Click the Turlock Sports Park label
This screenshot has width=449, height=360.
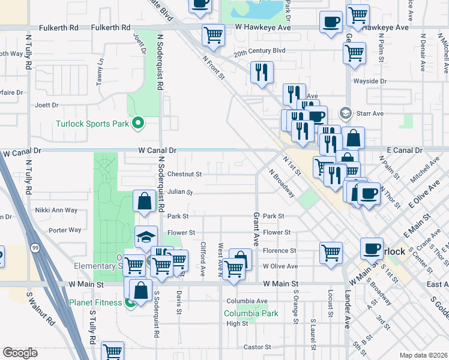point(92,124)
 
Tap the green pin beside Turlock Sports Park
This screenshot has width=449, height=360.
point(138,124)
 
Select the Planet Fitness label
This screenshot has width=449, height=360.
point(95,302)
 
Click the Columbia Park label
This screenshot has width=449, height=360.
point(251,313)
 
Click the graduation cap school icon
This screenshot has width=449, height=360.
point(146,236)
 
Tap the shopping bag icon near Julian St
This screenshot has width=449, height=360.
point(144,202)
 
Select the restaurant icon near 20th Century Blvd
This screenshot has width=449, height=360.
point(262,73)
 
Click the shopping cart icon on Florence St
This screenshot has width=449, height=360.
point(331,253)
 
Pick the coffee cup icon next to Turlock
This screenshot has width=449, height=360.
point(372,248)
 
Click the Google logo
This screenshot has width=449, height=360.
point(20,353)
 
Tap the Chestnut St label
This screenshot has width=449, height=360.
point(184,174)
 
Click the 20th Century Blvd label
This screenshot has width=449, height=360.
point(259,52)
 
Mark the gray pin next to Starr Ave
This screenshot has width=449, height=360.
point(345,113)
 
